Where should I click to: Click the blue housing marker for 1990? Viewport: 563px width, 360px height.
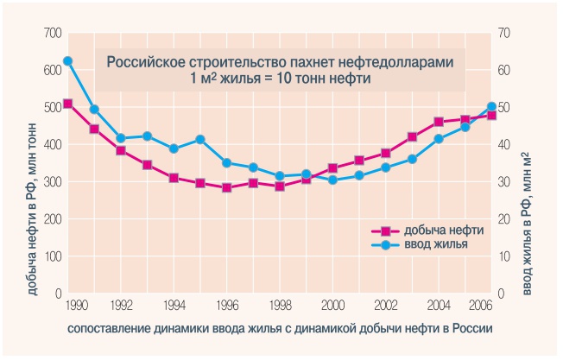[68, 61]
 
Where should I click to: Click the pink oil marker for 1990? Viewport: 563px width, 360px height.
[68, 104]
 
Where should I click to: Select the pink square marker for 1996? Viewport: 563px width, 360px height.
[226, 187]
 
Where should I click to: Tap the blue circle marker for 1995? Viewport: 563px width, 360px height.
[200, 139]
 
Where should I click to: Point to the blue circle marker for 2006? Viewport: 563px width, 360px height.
[491, 107]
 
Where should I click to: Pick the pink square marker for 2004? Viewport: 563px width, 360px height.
[439, 122]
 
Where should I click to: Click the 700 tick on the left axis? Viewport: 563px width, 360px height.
[52, 34]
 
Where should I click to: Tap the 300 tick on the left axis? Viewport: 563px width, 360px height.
[52, 182]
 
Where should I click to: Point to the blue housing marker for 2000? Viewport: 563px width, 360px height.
[332, 180]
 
